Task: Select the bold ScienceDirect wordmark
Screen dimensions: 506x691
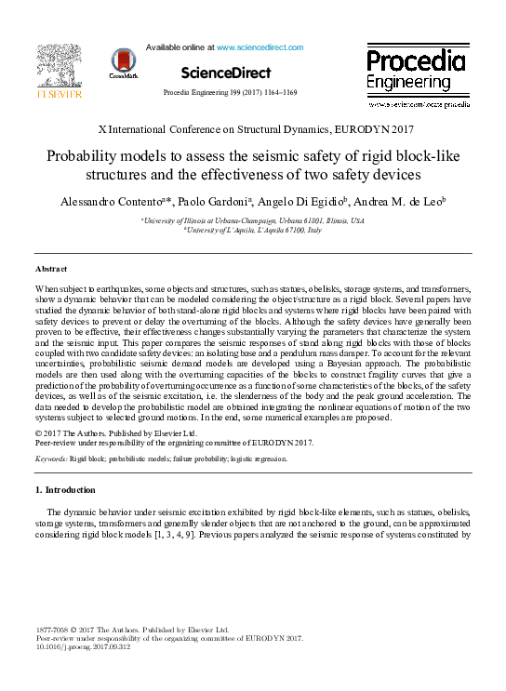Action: click(x=226, y=73)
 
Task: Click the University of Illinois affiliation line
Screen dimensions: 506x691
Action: click(x=253, y=219)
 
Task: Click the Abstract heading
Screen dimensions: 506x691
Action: click(x=53, y=269)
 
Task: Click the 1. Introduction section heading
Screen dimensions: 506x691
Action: click(x=65, y=490)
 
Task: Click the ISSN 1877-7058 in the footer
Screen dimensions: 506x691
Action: click(x=55, y=631)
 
